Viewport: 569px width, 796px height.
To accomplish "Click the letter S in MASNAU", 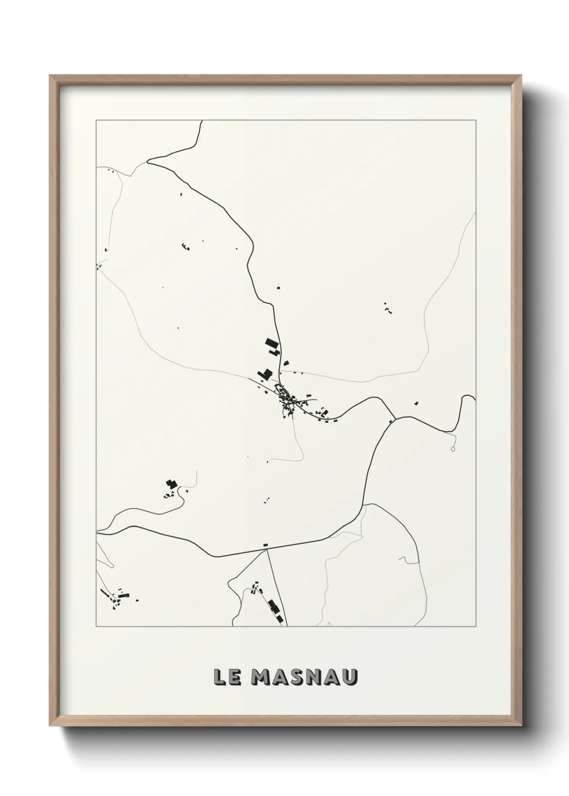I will click(297, 677).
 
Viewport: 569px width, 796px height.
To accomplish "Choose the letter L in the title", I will click(219, 677).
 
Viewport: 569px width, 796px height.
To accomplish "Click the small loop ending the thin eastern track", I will click(453, 447).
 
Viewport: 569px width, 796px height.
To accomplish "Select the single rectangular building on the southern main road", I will click(265, 545).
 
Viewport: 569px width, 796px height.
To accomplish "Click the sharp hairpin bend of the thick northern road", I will click(149, 160).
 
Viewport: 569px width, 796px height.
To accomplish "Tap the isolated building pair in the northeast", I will click(387, 308).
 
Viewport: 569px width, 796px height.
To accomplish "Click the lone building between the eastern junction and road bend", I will click(416, 403).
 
